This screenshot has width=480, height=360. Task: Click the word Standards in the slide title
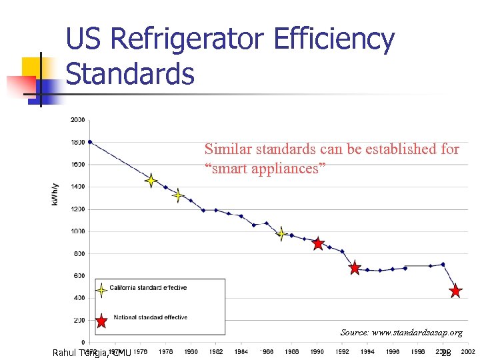pyautogui.click(x=130, y=74)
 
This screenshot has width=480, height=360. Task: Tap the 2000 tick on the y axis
pyautogui.click(x=77, y=120)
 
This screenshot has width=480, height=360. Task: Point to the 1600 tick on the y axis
pyautogui.click(x=77, y=165)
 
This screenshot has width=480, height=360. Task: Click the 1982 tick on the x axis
pyautogui.click(x=216, y=351)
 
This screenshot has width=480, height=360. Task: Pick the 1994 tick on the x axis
pyautogui.click(x=367, y=351)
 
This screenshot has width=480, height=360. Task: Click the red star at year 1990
pyautogui.click(x=318, y=243)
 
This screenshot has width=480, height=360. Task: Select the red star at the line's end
pyautogui.click(x=455, y=291)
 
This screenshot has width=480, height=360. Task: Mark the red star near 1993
pyautogui.click(x=355, y=268)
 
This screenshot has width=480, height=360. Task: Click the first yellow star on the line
pyautogui.click(x=151, y=181)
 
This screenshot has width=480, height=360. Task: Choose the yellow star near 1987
pyautogui.click(x=281, y=233)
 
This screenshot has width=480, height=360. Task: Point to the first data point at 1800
pyautogui.click(x=90, y=142)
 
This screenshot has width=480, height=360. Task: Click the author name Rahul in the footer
pyautogui.click(x=65, y=353)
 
